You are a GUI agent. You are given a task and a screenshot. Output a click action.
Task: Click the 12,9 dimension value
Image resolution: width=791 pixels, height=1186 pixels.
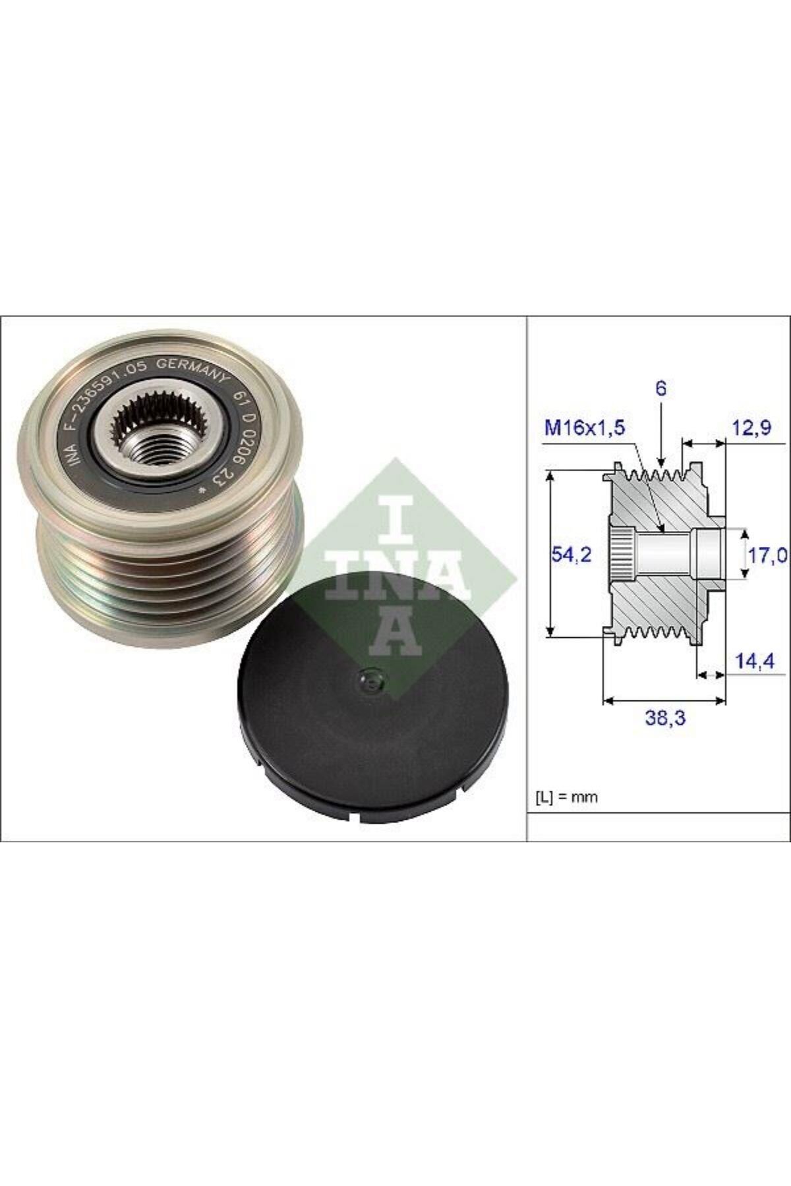click(x=752, y=430)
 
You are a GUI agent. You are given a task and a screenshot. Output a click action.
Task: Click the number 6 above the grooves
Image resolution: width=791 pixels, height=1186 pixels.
click(x=661, y=389)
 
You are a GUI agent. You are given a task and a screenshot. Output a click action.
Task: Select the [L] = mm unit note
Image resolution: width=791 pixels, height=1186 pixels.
click(x=565, y=797)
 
